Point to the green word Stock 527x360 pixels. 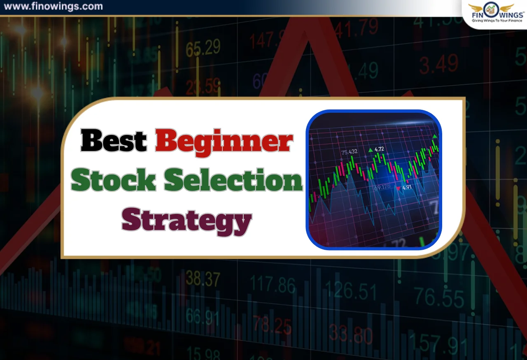coord(113,181)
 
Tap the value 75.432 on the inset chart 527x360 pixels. coord(349,152)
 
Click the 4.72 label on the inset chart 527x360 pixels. coord(379,149)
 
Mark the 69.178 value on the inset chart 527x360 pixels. coord(382,187)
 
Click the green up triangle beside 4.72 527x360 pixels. coord(371,150)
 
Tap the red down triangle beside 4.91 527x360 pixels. coord(398,188)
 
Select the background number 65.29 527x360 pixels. coord(203,49)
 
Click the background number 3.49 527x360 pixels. coord(438,64)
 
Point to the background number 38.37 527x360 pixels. coord(203,279)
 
